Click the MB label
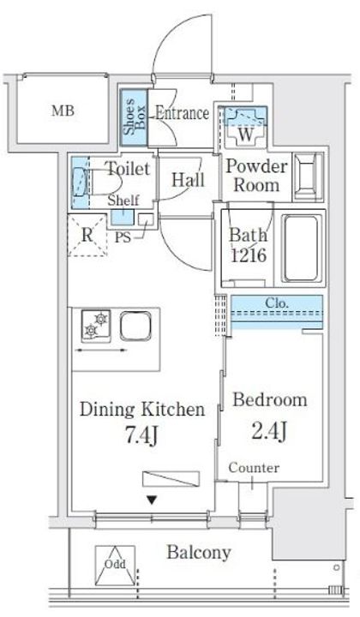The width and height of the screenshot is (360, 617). [63, 111]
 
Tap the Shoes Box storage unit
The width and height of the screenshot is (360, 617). [134, 117]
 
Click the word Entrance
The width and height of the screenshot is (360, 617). [182, 113]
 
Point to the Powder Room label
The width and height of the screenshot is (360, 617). [256, 176]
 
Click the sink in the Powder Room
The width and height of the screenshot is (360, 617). [309, 177]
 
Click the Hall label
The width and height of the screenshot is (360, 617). [189, 180]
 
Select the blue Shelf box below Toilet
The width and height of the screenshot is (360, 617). [122, 217]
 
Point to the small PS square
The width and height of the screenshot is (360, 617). [146, 219]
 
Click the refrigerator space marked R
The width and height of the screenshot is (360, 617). [87, 236]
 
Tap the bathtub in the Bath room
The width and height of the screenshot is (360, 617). [301, 248]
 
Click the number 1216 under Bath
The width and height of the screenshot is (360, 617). [249, 255]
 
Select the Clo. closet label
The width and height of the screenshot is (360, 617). [277, 303]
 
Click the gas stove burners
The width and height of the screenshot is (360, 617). [96, 325]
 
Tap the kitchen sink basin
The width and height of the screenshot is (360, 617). [135, 327]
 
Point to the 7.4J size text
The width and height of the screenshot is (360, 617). [141, 435]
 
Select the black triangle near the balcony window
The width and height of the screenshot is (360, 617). [152, 500]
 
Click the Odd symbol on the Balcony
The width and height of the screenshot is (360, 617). [115, 565]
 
